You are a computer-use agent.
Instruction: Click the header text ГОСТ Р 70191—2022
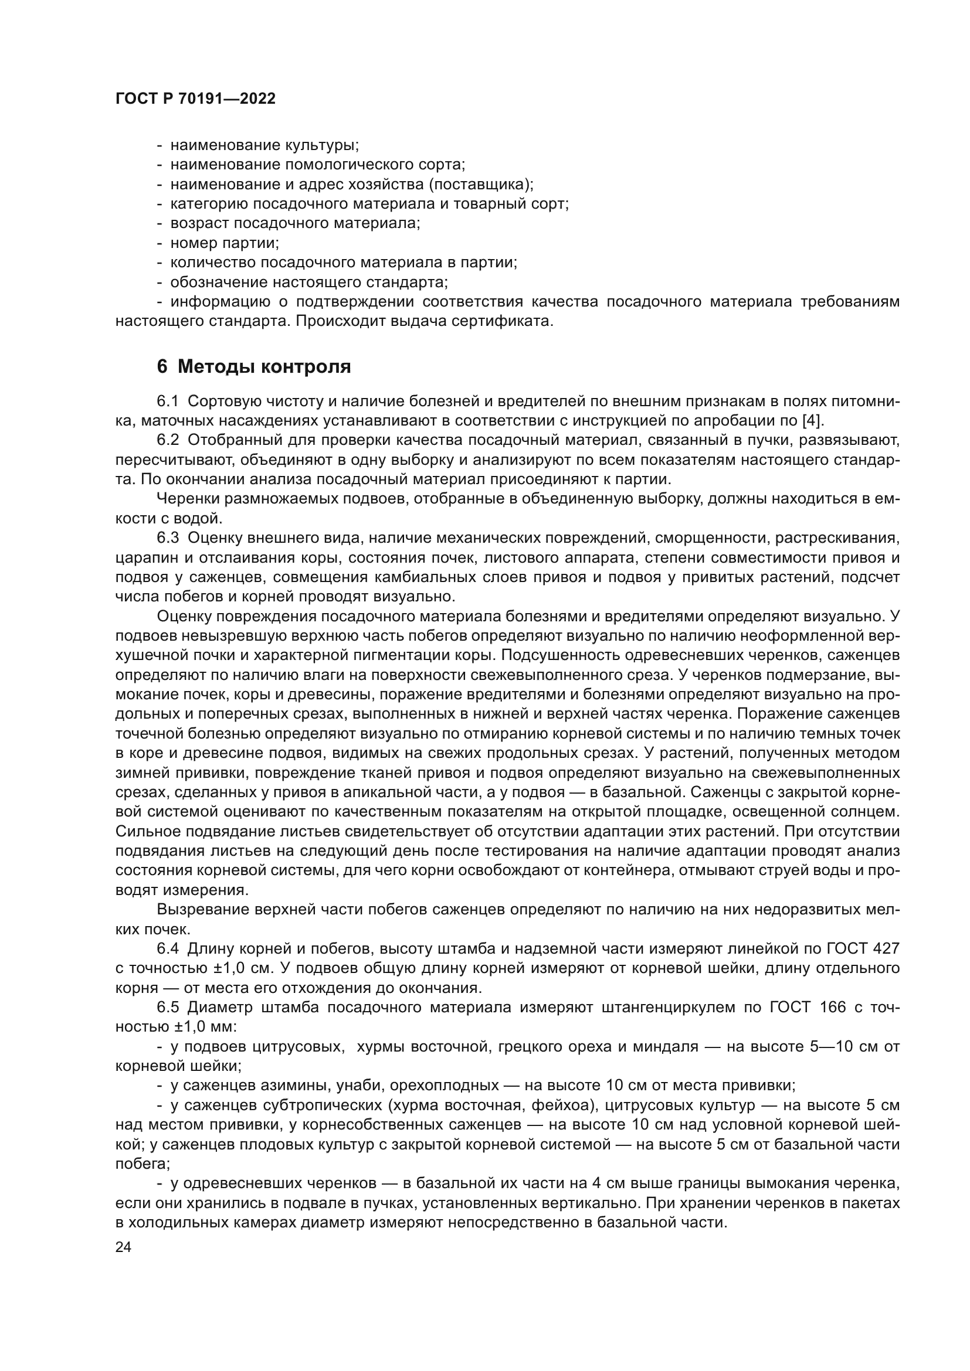[x=195, y=99]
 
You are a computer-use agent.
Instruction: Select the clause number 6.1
[x=168, y=402]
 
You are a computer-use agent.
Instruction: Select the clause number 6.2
[x=168, y=440]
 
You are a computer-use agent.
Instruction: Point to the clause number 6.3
[x=168, y=538]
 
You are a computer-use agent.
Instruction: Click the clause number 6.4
[x=168, y=948]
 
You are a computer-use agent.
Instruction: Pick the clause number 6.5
[x=168, y=1007]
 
